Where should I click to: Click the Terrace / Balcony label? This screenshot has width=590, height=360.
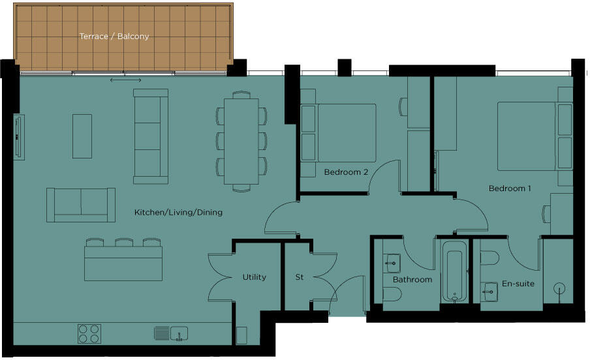[114, 37]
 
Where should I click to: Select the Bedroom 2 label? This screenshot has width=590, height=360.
[346, 172]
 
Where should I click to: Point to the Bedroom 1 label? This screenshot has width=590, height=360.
[510, 188]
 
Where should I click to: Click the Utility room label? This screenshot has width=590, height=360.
[254, 277]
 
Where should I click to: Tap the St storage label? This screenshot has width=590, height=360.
[300, 277]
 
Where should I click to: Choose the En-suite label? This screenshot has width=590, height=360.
[518, 284]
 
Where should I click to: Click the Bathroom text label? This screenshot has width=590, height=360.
[412, 280]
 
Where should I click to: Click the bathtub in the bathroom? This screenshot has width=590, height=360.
[454, 273]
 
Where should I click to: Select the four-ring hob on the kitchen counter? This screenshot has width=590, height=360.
[89, 333]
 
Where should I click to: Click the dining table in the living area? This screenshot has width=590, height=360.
[241, 141]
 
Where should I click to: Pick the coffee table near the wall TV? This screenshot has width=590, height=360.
[82, 136]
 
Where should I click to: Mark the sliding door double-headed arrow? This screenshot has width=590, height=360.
[125, 80]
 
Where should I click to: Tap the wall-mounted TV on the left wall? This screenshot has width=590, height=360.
[19, 136]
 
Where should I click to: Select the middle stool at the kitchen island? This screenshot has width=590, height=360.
[124, 243]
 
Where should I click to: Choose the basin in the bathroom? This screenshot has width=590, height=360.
[391, 264]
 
